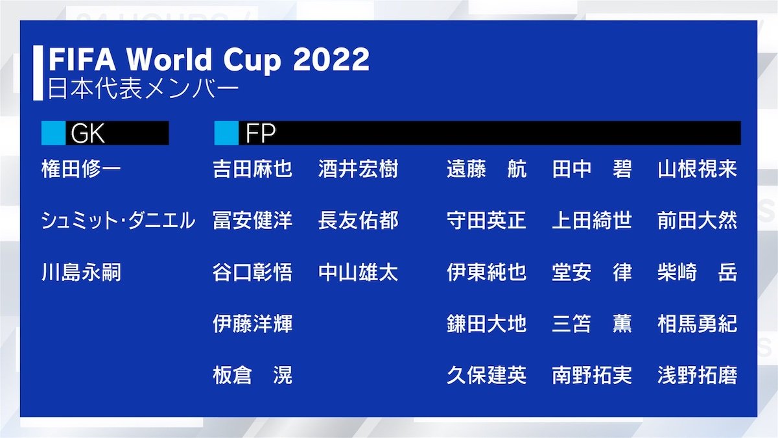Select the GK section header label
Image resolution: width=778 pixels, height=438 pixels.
88,133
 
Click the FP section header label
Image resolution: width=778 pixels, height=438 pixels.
261,133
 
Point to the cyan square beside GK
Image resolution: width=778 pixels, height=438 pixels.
53,133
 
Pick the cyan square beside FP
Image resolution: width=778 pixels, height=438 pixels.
226,133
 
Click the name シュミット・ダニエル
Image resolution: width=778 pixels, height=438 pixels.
117,221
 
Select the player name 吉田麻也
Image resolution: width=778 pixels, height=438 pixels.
252,170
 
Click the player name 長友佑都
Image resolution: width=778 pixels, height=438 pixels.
358,221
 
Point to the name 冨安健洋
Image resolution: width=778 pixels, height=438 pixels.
252,221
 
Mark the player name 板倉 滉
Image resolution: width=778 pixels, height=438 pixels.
252,375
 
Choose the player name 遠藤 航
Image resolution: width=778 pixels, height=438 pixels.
486,170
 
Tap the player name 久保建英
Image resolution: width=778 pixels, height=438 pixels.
486,375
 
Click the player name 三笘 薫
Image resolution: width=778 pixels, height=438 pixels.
592,324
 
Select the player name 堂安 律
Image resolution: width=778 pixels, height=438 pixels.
592,273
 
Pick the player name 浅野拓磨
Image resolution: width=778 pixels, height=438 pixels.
697,375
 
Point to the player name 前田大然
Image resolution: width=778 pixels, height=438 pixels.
697,221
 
